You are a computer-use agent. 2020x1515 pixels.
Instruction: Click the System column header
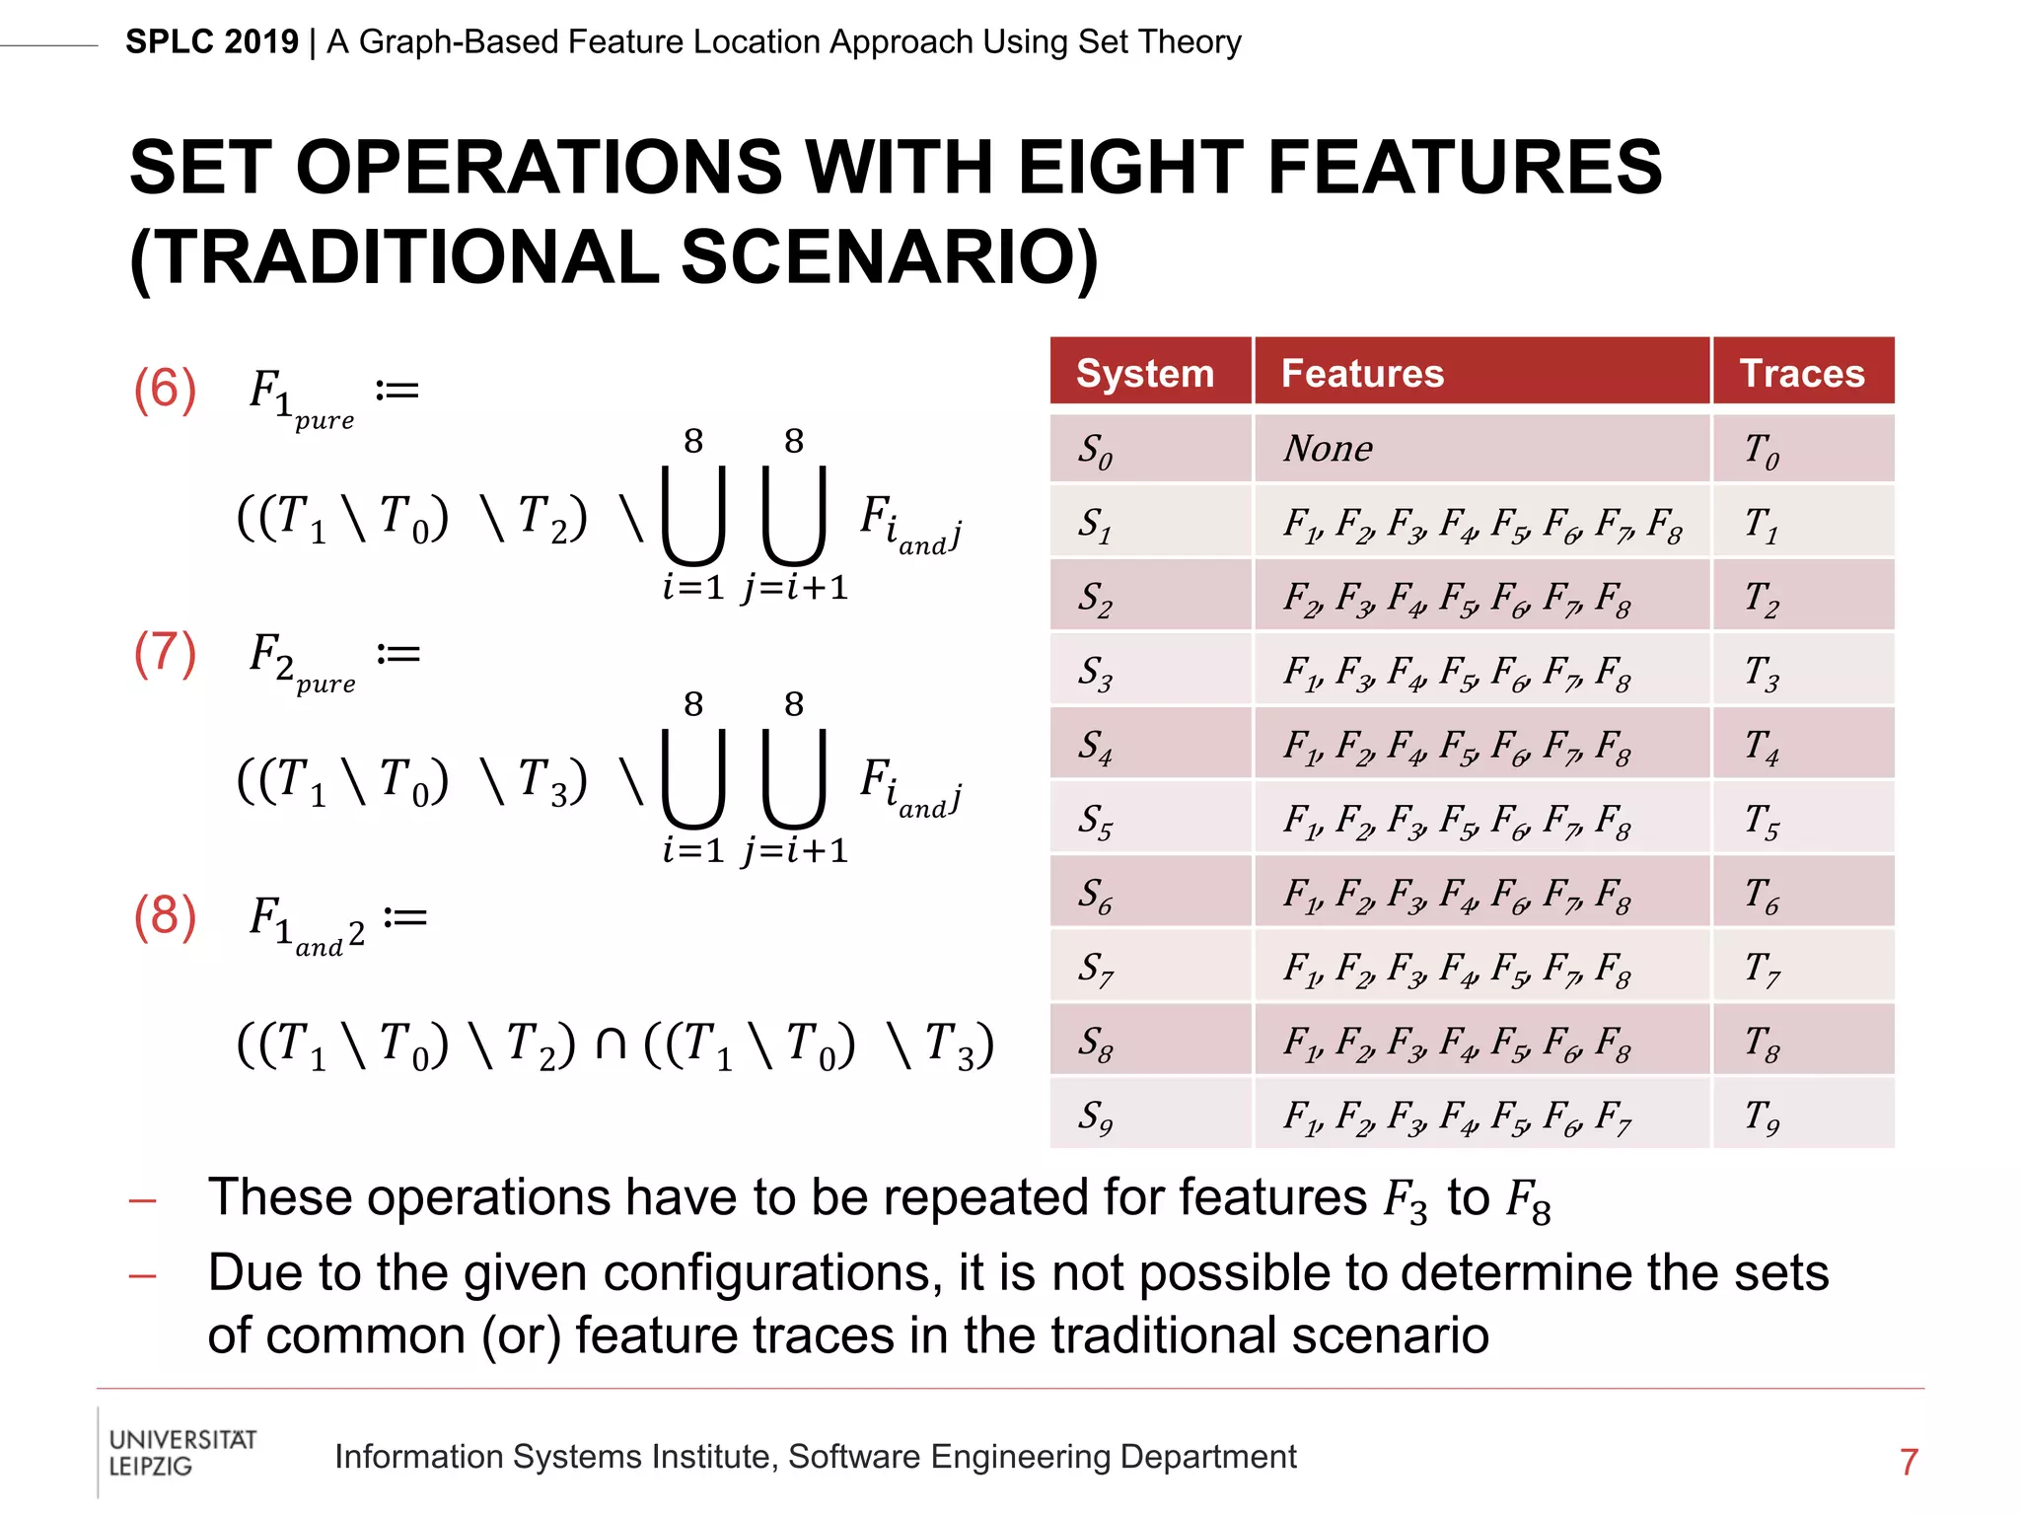click(1144, 374)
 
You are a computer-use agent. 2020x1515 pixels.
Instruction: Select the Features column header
click(1362, 374)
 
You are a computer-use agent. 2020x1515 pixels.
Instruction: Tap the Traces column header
click(1801, 374)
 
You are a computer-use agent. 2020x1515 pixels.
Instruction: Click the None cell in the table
click(1328, 450)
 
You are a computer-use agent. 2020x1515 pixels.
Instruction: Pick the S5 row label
click(1095, 821)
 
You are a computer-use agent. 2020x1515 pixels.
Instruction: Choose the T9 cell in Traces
click(1762, 1117)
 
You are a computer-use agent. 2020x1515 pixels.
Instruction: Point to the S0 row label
click(1095, 451)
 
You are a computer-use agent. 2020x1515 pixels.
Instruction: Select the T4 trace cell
click(1762, 747)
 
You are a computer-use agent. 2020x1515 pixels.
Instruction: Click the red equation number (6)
click(165, 389)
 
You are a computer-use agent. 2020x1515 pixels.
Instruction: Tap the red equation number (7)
click(165, 653)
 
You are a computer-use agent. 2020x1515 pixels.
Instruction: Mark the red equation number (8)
click(165, 916)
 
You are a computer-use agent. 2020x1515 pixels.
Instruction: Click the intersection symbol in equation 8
click(611, 1044)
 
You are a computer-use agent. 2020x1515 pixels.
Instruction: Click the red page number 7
click(1909, 1462)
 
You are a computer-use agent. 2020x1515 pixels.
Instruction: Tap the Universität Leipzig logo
click(181, 1453)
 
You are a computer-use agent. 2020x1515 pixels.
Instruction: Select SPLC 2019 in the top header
click(212, 42)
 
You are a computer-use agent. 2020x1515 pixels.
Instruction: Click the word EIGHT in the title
click(1129, 168)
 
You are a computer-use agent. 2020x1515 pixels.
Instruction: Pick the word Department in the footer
click(1208, 1457)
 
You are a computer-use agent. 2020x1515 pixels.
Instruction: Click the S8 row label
click(1095, 1043)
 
